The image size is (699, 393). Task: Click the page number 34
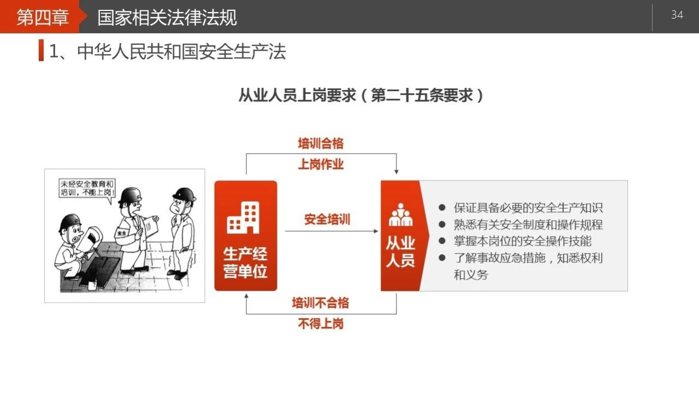coord(677,15)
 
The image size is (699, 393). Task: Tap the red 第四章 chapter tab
coord(43,16)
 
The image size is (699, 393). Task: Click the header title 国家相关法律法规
coord(167,17)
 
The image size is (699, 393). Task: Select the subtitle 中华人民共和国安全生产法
coord(181,51)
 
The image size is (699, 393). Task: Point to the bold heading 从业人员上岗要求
coord(297,95)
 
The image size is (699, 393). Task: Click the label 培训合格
coord(321,143)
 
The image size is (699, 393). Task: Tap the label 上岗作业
coord(321,165)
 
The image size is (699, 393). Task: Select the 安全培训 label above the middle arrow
coord(327,219)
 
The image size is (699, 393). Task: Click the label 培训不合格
coord(321,303)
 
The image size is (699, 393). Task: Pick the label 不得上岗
coord(321,324)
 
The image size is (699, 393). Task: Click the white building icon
coord(244,218)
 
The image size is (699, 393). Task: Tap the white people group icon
coord(400,215)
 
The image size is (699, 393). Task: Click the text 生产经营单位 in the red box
coord(245,262)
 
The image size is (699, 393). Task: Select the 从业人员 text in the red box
coord(400,251)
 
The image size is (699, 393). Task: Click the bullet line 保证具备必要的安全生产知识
coord(528,208)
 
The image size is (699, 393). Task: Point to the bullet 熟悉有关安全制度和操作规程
coord(528,225)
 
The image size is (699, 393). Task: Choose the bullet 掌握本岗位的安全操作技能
coord(523,241)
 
